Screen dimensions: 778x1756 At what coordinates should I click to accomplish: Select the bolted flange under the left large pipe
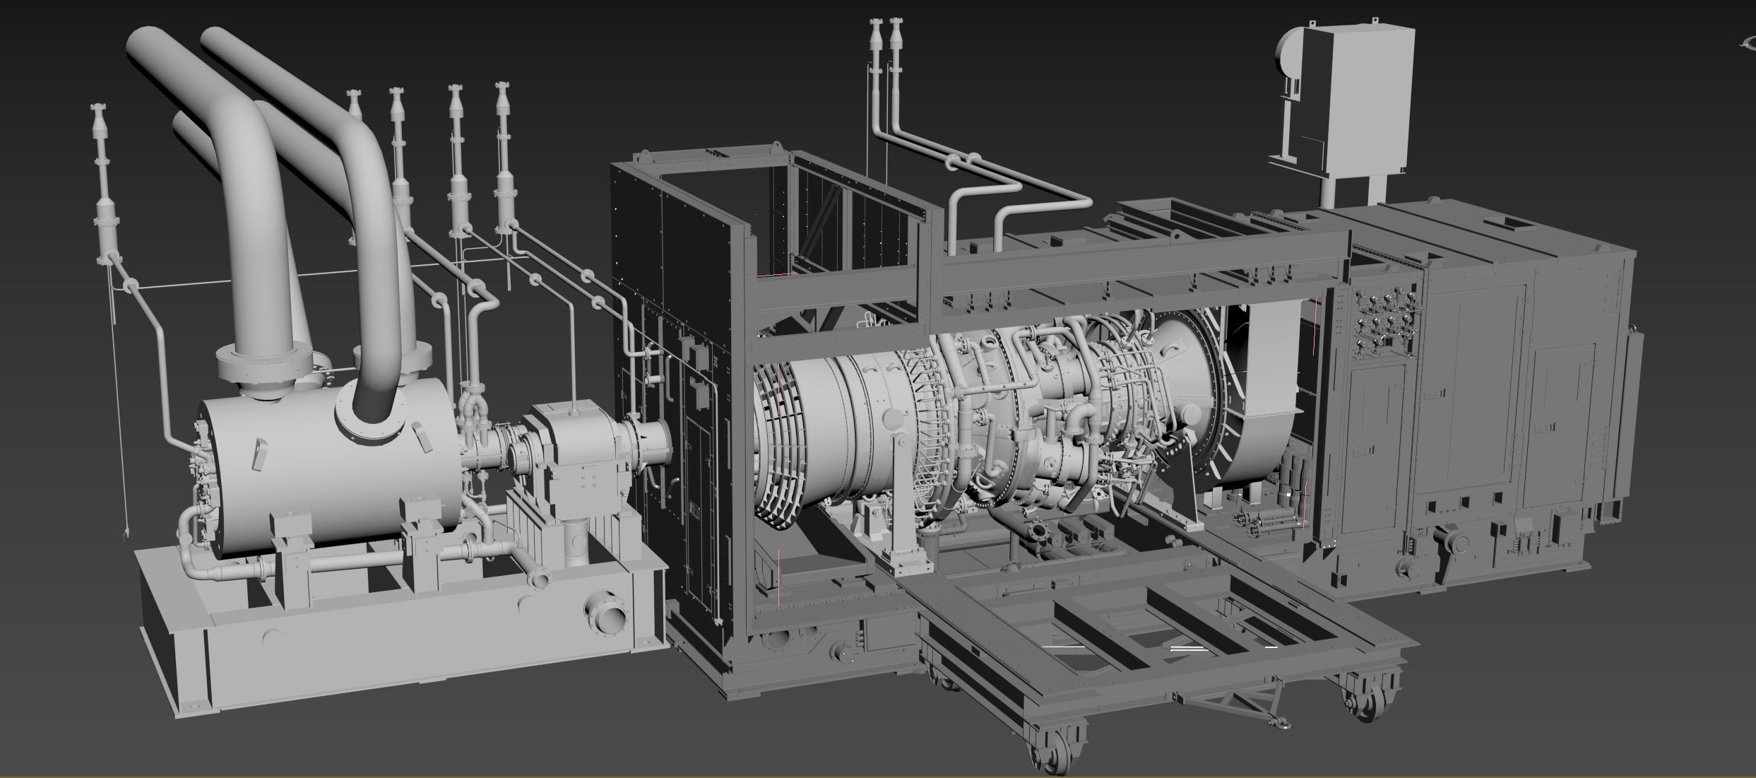tap(263, 363)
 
